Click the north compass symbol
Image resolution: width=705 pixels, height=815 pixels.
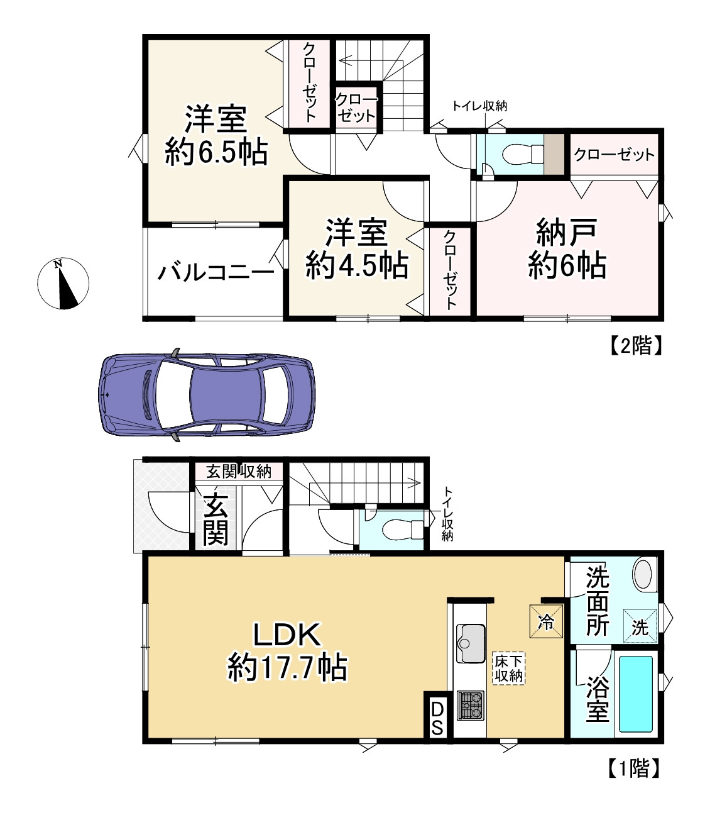click(63, 284)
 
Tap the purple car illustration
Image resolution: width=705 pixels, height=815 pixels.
click(207, 395)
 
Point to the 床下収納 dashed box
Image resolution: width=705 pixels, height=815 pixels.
click(509, 668)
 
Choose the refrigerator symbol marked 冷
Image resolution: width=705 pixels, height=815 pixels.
click(546, 622)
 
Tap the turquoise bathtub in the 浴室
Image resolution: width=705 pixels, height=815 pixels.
click(636, 694)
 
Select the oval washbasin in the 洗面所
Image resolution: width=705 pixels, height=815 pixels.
click(643, 575)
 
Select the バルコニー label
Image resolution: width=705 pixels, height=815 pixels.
click(216, 272)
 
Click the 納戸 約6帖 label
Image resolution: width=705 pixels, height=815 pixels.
click(567, 249)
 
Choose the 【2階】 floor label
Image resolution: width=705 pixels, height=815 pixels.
click(636, 345)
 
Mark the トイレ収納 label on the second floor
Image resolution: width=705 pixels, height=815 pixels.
click(479, 106)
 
